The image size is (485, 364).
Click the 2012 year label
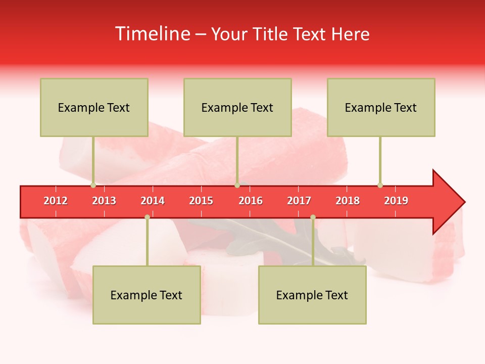(x=56, y=201)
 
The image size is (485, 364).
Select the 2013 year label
(x=104, y=201)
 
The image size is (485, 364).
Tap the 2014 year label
(x=153, y=201)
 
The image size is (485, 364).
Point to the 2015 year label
(x=201, y=201)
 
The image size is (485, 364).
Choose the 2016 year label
(x=251, y=201)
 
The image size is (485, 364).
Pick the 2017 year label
(x=299, y=201)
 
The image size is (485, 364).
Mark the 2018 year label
(x=348, y=201)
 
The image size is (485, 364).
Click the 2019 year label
(x=396, y=201)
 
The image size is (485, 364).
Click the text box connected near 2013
(x=94, y=107)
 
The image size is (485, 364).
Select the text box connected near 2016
(x=237, y=107)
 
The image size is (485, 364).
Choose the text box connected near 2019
(x=381, y=107)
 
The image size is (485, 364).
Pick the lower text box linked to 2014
(x=147, y=295)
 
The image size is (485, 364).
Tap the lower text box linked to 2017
(x=312, y=295)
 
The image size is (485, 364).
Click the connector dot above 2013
(x=93, y=185)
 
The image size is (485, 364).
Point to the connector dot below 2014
(x=147, y=217)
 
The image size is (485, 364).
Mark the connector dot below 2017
(x=313, y=217)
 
